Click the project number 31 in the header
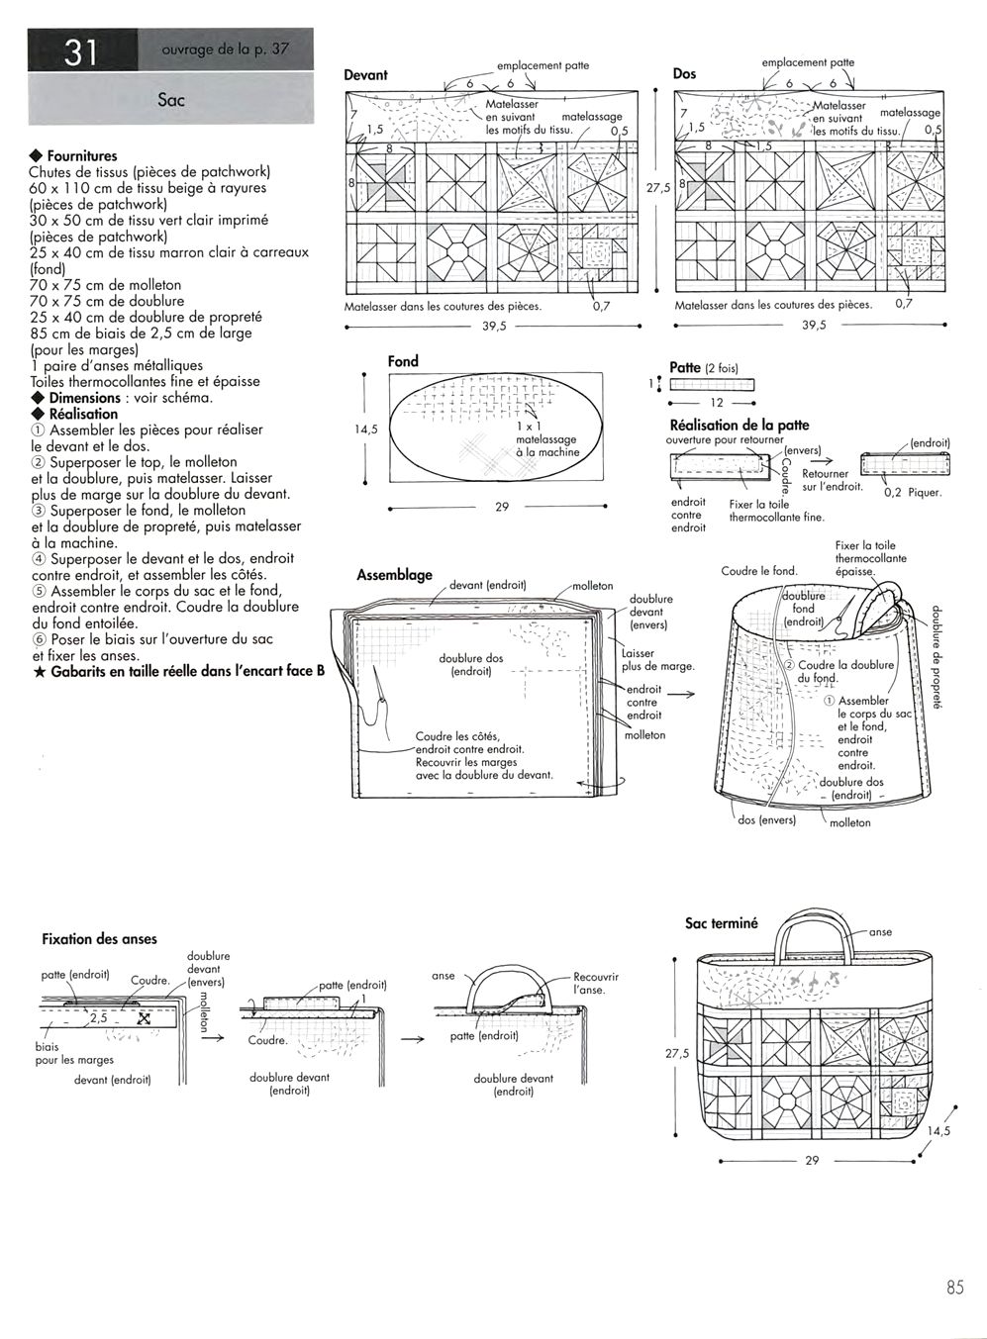point(80,50)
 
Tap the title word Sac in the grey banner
point(170,100)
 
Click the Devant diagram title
point(365,75)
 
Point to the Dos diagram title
point(684,74)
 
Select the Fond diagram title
point(403,361)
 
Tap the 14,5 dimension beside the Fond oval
point(366,430)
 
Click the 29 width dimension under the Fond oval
point(501,507)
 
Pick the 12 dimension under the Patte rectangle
point(716,403)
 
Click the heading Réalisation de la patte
point(740,426)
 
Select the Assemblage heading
point(394,575)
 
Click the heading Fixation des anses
point(99,939)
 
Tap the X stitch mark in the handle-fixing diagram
point(144,1018)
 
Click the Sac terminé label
point(721,923)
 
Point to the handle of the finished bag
point(814,925)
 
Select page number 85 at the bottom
point(954,1288)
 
